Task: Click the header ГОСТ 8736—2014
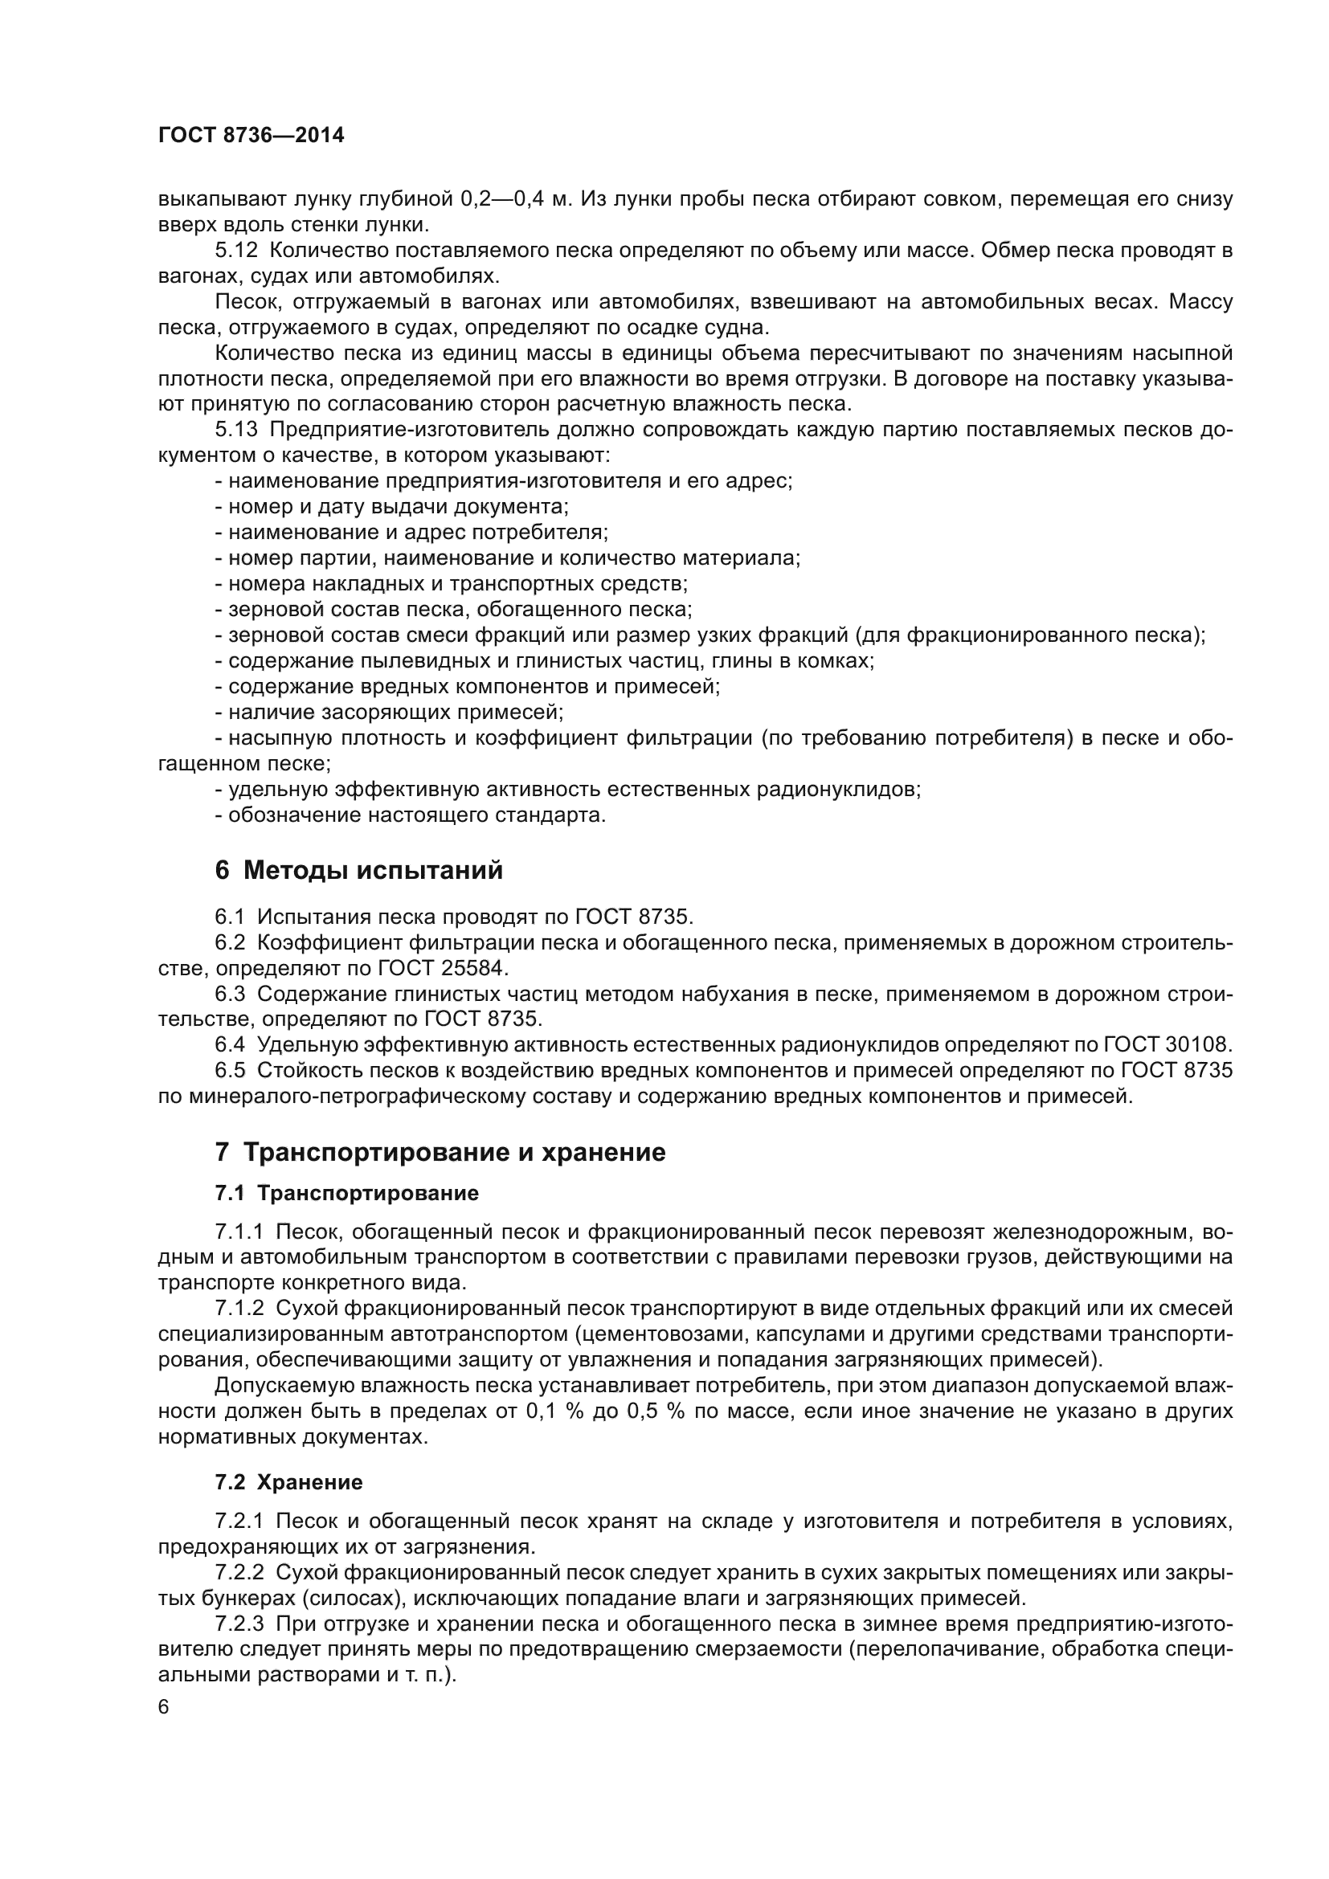[251, 136]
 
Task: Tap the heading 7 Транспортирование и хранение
[440, 1152]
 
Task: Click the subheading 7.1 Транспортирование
[347, 1193]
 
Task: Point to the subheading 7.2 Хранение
[289, 1482]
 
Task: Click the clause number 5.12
[236, 251]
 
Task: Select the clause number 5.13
[236, 430]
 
